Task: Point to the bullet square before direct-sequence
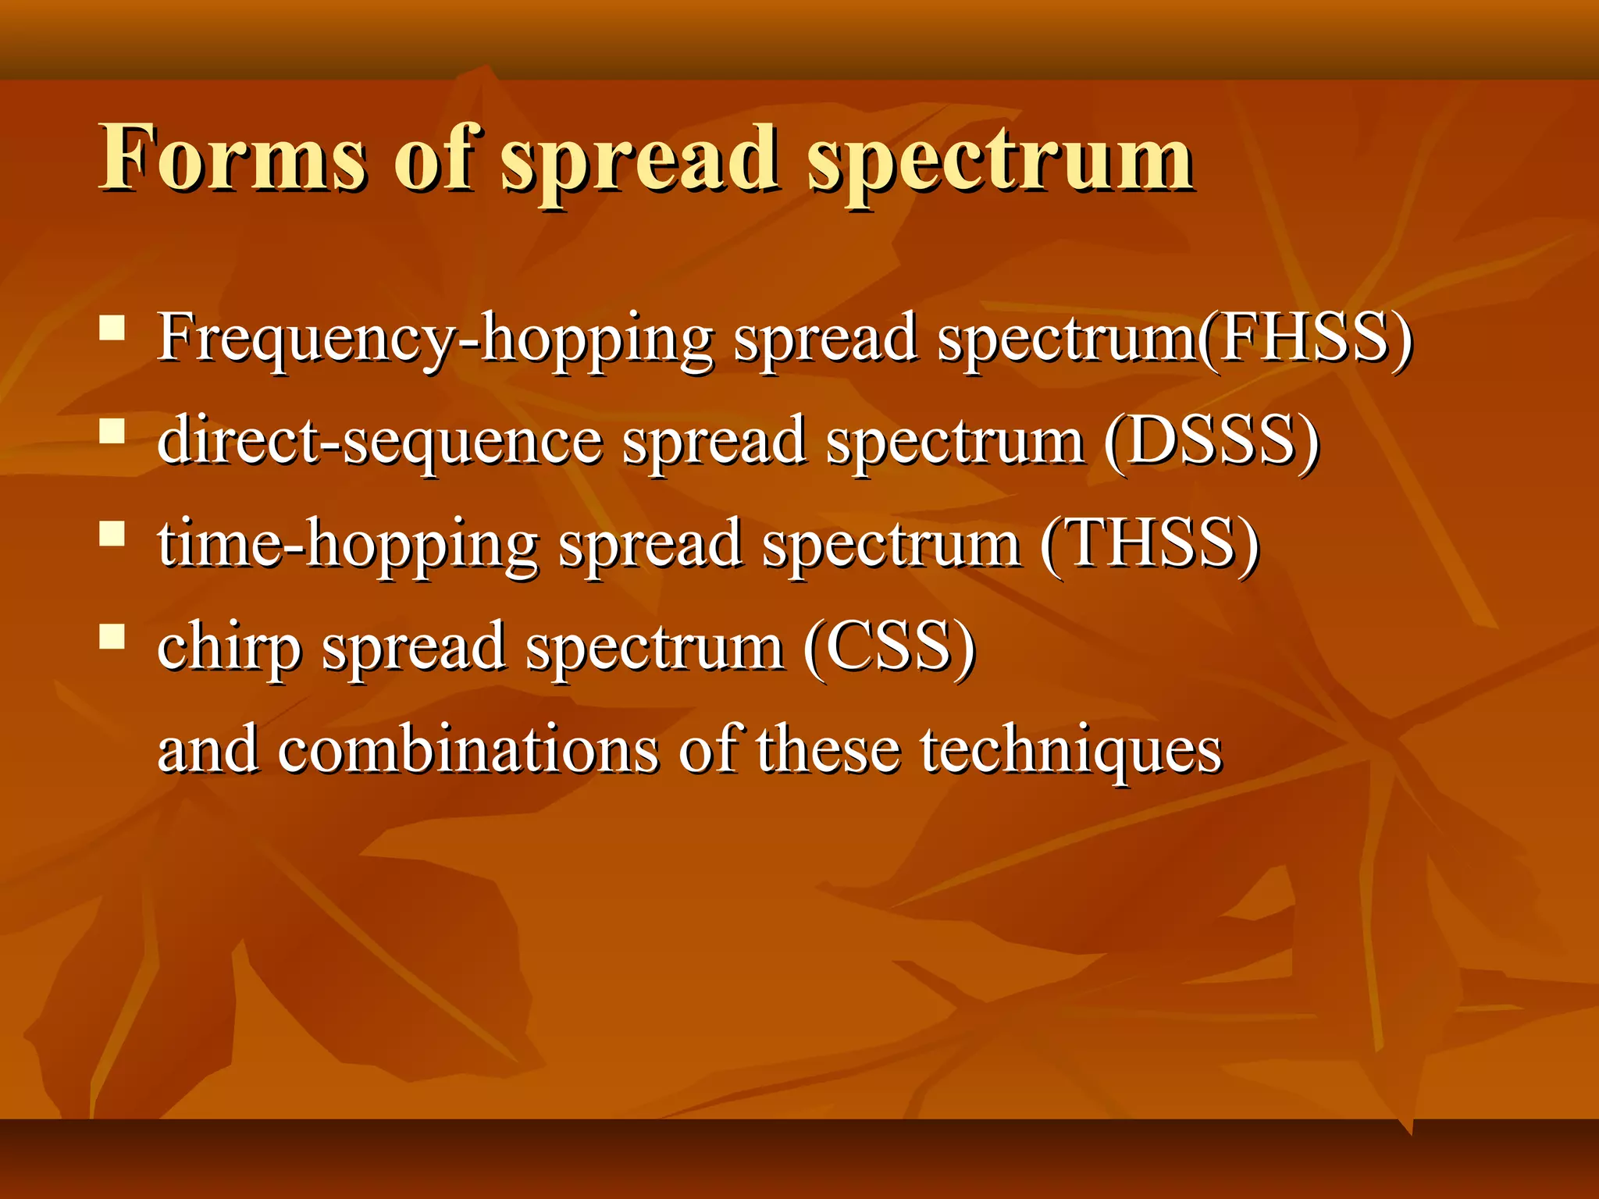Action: point(112,431)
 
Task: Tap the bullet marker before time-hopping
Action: point(112,534)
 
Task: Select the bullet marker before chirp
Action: point(112,637)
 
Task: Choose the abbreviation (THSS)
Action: point(1149,544)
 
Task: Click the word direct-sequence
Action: point(379,441)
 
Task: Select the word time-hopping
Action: point(347,544)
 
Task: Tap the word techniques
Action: point(1070,751)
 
